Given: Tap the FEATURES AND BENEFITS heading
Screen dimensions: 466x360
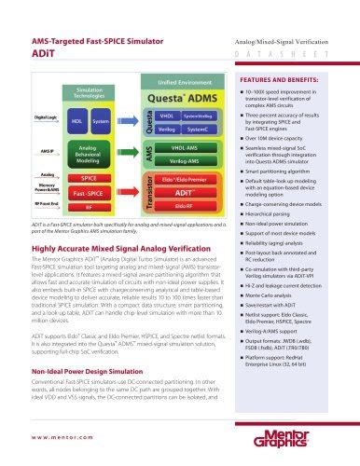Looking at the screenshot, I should (x=288, y=82).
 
